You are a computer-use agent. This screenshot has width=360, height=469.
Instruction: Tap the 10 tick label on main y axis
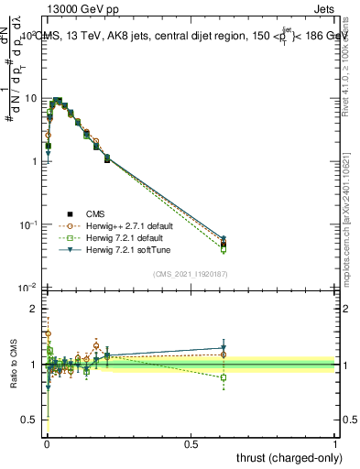click(x=30, y=98)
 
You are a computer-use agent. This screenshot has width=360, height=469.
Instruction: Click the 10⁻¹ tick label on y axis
click(x=27, y=224)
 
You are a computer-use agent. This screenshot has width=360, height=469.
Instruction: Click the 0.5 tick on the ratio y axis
click(x=30, y=420)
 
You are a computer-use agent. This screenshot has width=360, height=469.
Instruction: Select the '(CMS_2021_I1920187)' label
click(x=191, y=273)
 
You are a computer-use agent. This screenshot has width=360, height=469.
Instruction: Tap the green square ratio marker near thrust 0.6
click(x=224, y=377)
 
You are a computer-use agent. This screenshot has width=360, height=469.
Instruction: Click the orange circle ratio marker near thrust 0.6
click(x=224, y=354)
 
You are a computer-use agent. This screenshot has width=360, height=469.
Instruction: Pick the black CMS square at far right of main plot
click(x=224, y=245)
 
